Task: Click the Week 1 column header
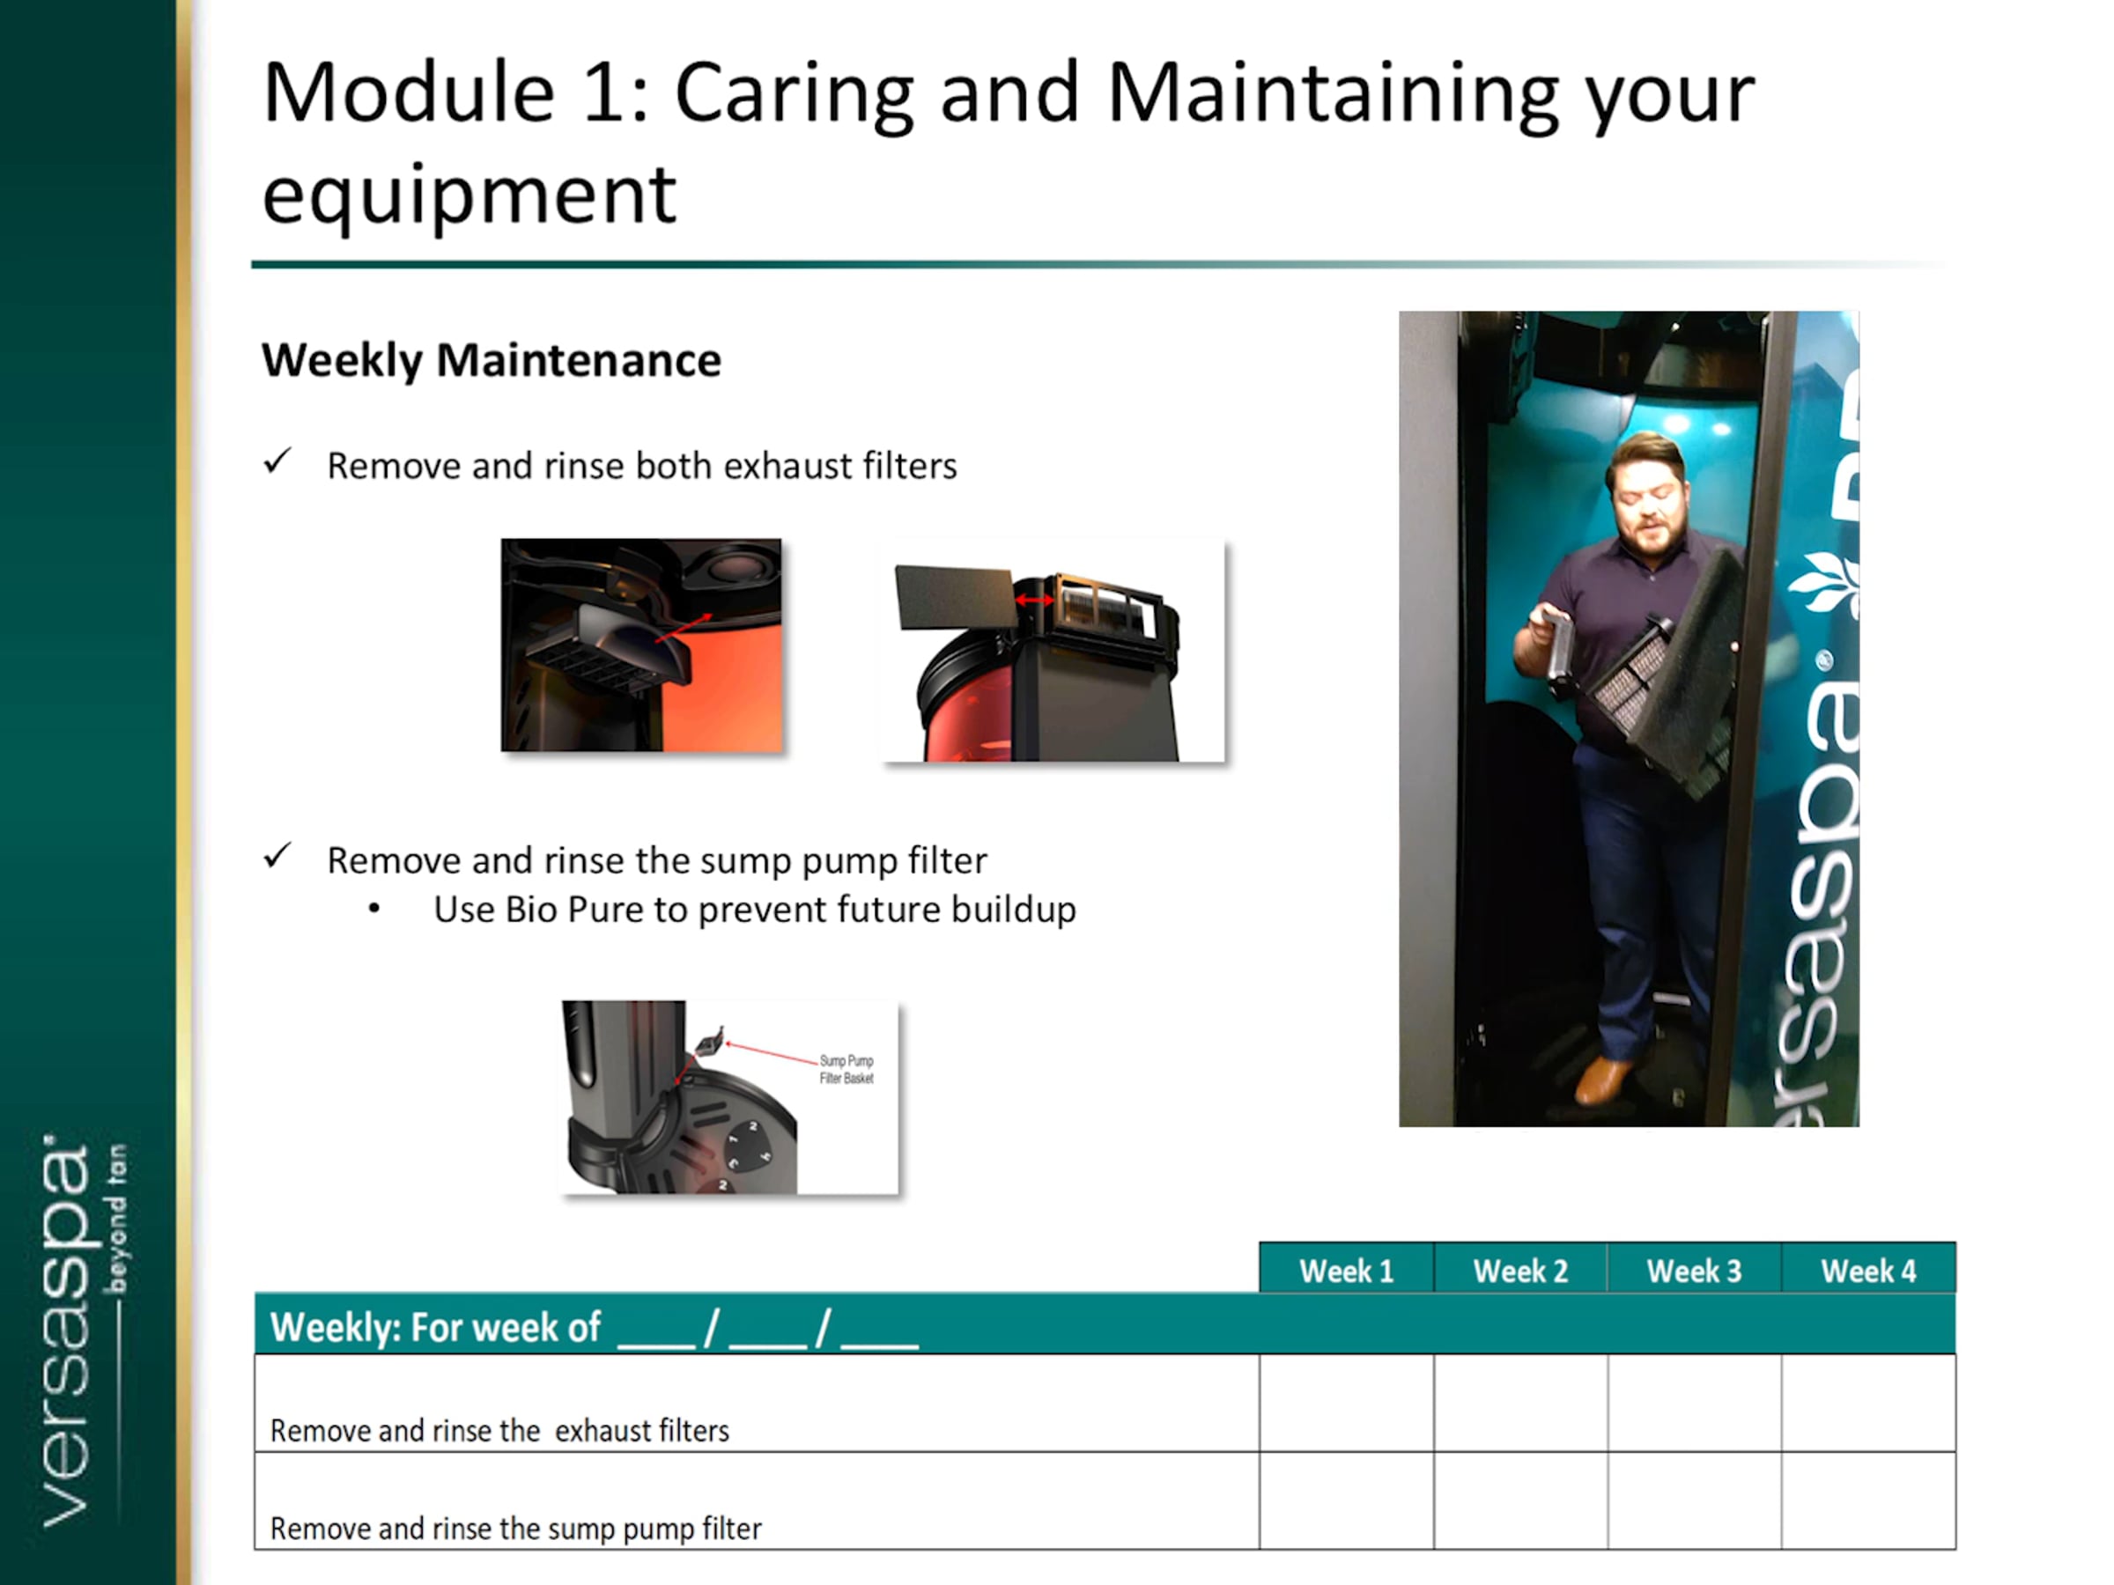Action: pos(1347,1270)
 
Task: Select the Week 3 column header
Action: pos(1695,1270)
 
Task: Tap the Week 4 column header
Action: pos(1868,1270)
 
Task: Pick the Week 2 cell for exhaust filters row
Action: pos(1520,1403)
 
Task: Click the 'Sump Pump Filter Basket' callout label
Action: pos(846,1069)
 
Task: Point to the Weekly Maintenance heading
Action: pos(492,361)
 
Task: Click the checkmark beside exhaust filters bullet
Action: pos(277,461)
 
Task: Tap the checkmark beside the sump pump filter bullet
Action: pos(277,856)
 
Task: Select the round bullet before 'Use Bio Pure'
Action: pos(373,910)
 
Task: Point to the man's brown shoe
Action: pos(1603,1080)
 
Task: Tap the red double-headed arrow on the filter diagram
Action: pos(1033,600)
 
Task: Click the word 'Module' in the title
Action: pos(409,93)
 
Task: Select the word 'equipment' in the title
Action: pos(469,195)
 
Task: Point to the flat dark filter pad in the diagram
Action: pos(954,597)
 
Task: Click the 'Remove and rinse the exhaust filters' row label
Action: pos(499,1430)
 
